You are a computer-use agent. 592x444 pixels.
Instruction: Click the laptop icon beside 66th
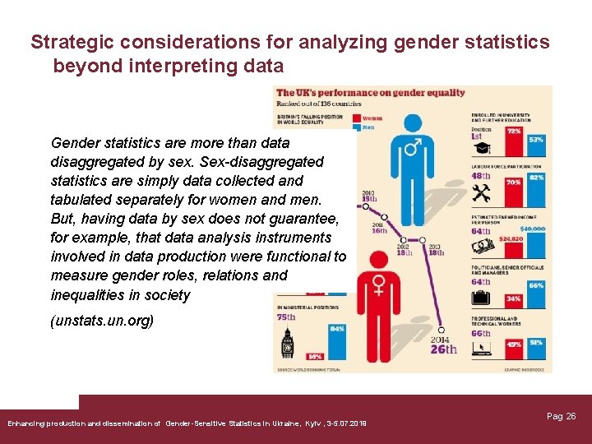click(483, 349)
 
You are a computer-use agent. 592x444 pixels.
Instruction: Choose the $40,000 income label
click(532, 228)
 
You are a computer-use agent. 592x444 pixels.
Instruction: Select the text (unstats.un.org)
click(102, 321)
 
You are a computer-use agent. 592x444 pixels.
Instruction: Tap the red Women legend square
click(354, 118)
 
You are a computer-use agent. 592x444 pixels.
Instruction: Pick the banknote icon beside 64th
click(486, 244)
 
